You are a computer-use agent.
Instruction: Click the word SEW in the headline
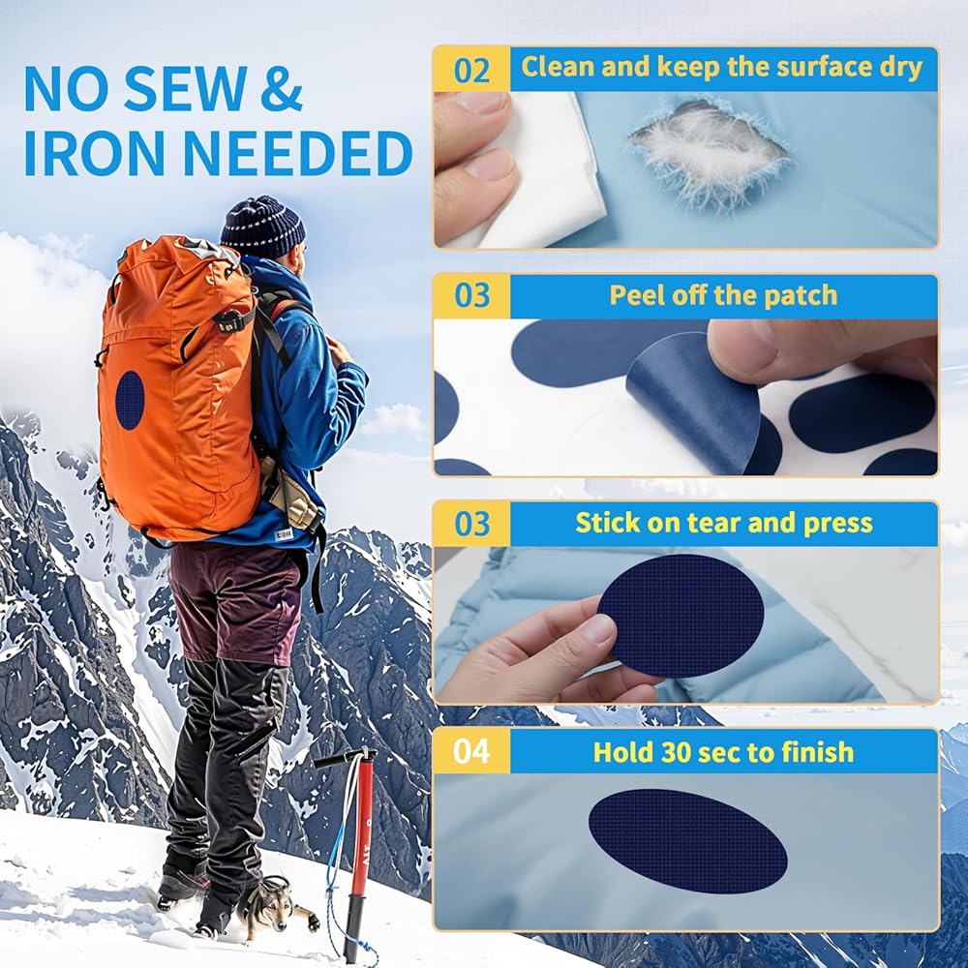pos(184,90)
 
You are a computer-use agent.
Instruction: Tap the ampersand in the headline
pos(281,90)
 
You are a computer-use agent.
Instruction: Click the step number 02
pos(471,71)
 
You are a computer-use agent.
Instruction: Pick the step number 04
pos(471,751)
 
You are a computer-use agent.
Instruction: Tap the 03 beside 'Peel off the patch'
pos(471,295)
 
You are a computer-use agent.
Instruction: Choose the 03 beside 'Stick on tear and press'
pos(471,524)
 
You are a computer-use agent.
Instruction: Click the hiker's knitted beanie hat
pos(263,227)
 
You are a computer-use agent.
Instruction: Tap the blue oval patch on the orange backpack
pos(131,400)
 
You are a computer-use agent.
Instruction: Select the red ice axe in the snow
pos(356,852)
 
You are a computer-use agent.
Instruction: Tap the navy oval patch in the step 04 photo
pos(687,841)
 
